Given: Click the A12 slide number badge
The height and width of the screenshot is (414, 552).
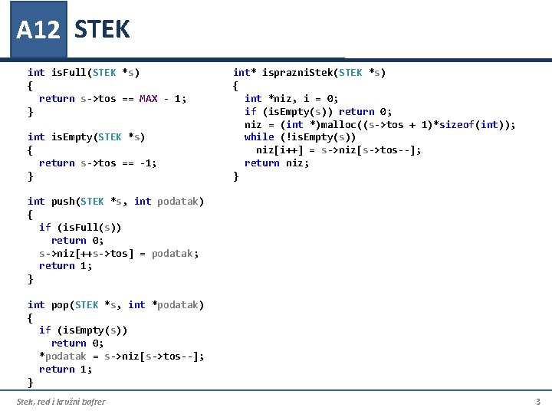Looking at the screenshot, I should pyautogui.click(x=38, y=30).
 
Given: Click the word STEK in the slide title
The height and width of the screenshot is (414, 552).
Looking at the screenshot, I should pyautogui.click(x=102, y=30).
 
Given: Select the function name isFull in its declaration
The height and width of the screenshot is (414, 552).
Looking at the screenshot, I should pyautogui.click(x=68, y=73).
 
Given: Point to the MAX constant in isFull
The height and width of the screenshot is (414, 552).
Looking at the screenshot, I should pyautogui.click(x=149, y=98).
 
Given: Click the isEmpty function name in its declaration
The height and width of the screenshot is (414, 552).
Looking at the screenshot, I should pyautogui.click(x=71, y=137).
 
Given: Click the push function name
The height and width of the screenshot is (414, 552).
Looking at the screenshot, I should pyautogui.click(x=63, y=202).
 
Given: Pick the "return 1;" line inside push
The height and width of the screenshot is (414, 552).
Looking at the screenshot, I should pyautogui.click(x=65, y=266).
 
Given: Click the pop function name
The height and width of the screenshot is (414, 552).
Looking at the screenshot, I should pyautogui.click(x=60, y=305).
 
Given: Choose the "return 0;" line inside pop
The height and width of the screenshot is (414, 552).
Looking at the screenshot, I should pyautogui.click(x=77, y=343).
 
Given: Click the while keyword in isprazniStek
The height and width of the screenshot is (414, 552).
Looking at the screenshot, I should pyautogui.click(x=259, y=137).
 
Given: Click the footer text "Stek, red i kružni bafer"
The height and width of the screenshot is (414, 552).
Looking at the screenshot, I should pyautogui.click(x=61, y=402).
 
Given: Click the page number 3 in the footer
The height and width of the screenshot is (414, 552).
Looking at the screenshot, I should pyautogui.click(x=537, y=402).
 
